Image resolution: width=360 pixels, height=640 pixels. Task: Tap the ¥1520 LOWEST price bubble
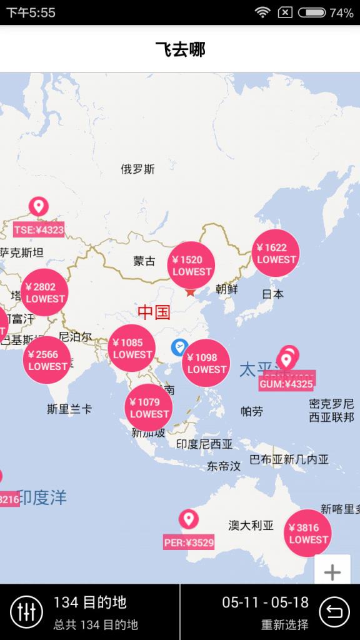coord(191,266)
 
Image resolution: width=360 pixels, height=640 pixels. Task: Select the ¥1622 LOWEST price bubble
coord(276,253)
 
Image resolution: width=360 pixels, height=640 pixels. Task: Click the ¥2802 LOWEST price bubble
coord(44,292)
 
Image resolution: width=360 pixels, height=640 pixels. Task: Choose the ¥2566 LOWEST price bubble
coord(47,360)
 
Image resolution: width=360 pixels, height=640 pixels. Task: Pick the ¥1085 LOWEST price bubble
coord(132,348)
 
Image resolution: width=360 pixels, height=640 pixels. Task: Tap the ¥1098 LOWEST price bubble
coord(206,363)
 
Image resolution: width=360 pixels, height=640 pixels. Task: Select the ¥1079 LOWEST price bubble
coord(149,407)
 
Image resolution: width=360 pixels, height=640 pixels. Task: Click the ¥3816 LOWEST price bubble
coord(308,533)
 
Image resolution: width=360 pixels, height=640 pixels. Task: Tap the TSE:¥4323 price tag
coord(39,229)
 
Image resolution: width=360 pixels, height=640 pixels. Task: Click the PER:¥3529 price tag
coord(189,542)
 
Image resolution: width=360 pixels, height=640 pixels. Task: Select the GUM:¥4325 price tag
coord(286,383)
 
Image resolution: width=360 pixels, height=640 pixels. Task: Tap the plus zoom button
coord(332,572)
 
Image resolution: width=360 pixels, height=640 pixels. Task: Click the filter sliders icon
coord(26,612)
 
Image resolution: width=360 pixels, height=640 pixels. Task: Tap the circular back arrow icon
coord(334,612)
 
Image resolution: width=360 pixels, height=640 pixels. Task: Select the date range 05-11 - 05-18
coord(265,602)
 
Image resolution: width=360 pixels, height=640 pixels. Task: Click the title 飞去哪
coord(180,49)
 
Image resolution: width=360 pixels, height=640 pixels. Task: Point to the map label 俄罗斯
coord(137,169)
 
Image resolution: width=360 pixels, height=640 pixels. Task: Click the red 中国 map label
coord(154,312)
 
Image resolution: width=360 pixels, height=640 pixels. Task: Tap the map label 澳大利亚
coord(251,526)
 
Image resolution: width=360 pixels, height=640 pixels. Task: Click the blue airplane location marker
coord(179,347)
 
